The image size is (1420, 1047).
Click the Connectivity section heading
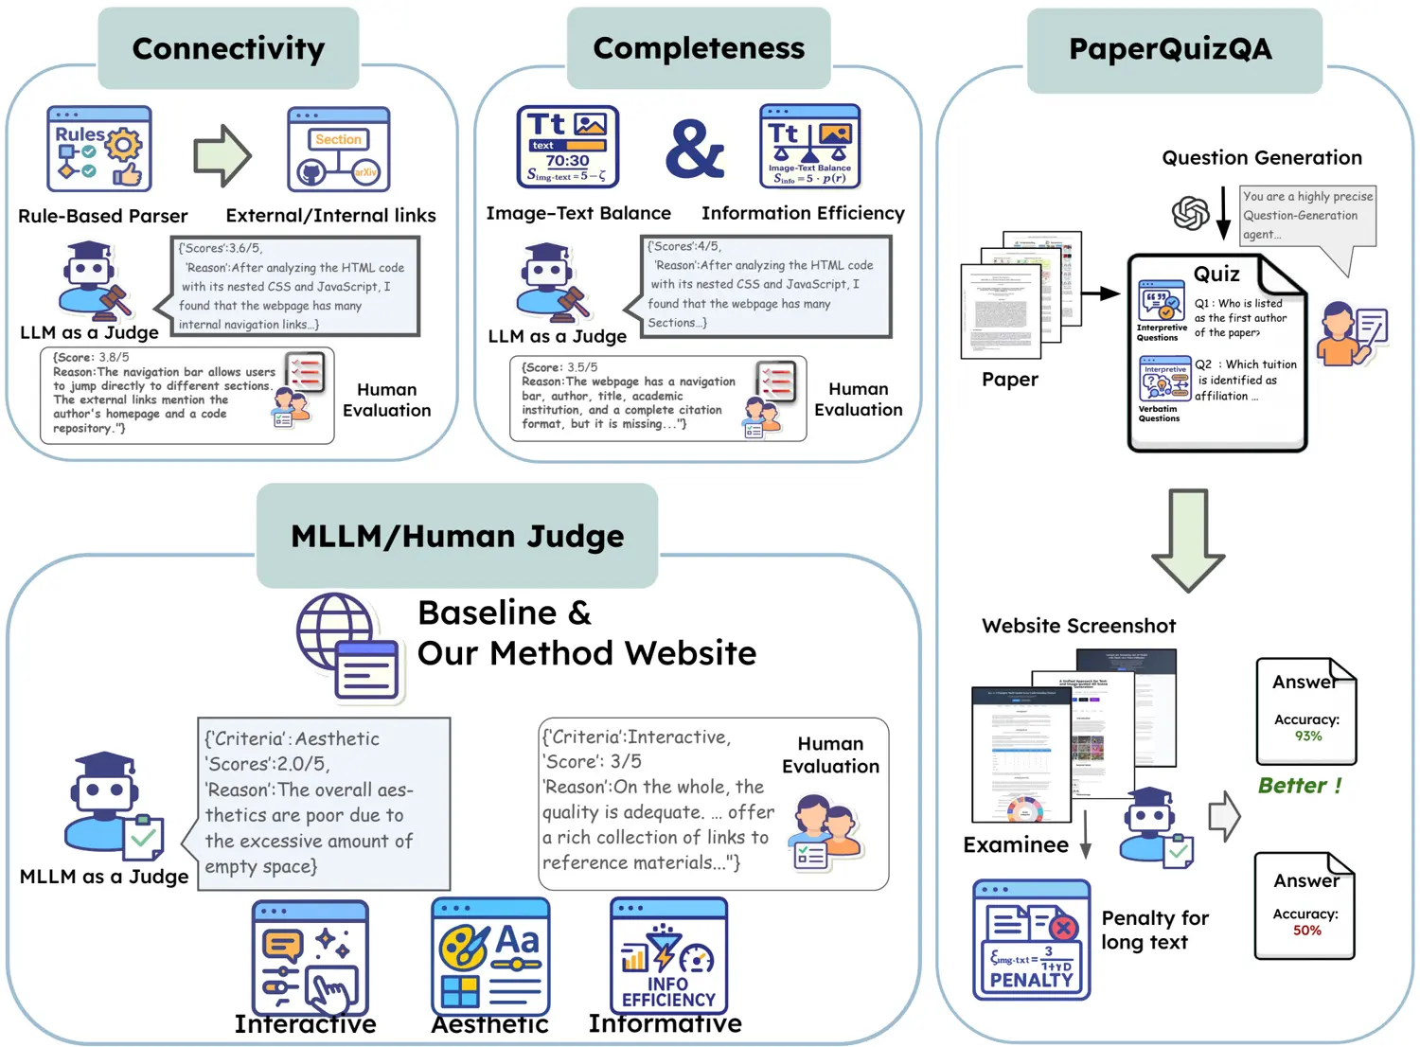(x=228, y=48)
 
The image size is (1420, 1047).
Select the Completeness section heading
(x=699, y=48)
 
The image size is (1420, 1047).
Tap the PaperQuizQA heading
(x=1170, y=49)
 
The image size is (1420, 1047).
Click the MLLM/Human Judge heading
(x=457, y=536)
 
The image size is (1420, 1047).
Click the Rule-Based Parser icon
(x=99, y=150)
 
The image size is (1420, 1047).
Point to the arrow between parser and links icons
(x=222, y=155)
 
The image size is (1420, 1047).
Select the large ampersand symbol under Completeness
(x=694, y=149)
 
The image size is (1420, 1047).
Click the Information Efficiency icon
(x=810, y=147)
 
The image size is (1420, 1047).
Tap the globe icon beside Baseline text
(x=346, y=648)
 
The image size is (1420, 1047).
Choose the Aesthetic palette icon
(x=490, y=956)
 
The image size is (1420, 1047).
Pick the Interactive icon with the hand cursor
(x=310, y=958)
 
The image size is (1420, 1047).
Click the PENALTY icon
(x=1031, y=939)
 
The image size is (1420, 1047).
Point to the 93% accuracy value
(x=1308, y=736)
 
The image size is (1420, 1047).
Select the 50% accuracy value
(x=1307, y=931)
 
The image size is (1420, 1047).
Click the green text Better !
(x=1300, y=786)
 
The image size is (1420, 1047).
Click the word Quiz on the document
(x=1216, y=275)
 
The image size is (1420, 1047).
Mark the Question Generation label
(x=1262, y=158)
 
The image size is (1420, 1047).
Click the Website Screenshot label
(x=1078, y=626)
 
